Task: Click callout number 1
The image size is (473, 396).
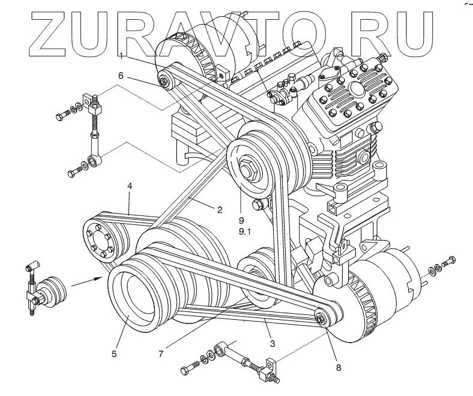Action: (122, 56)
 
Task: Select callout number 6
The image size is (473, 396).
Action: (121, 76)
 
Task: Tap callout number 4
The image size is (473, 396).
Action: (129, 187)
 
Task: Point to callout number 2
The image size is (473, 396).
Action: (220, 210)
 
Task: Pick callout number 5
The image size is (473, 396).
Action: (113, 354)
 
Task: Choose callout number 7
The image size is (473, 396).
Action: (161, 354)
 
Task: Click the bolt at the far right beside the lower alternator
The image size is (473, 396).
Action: (447, 262)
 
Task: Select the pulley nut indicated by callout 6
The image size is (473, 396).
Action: (163, 79)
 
